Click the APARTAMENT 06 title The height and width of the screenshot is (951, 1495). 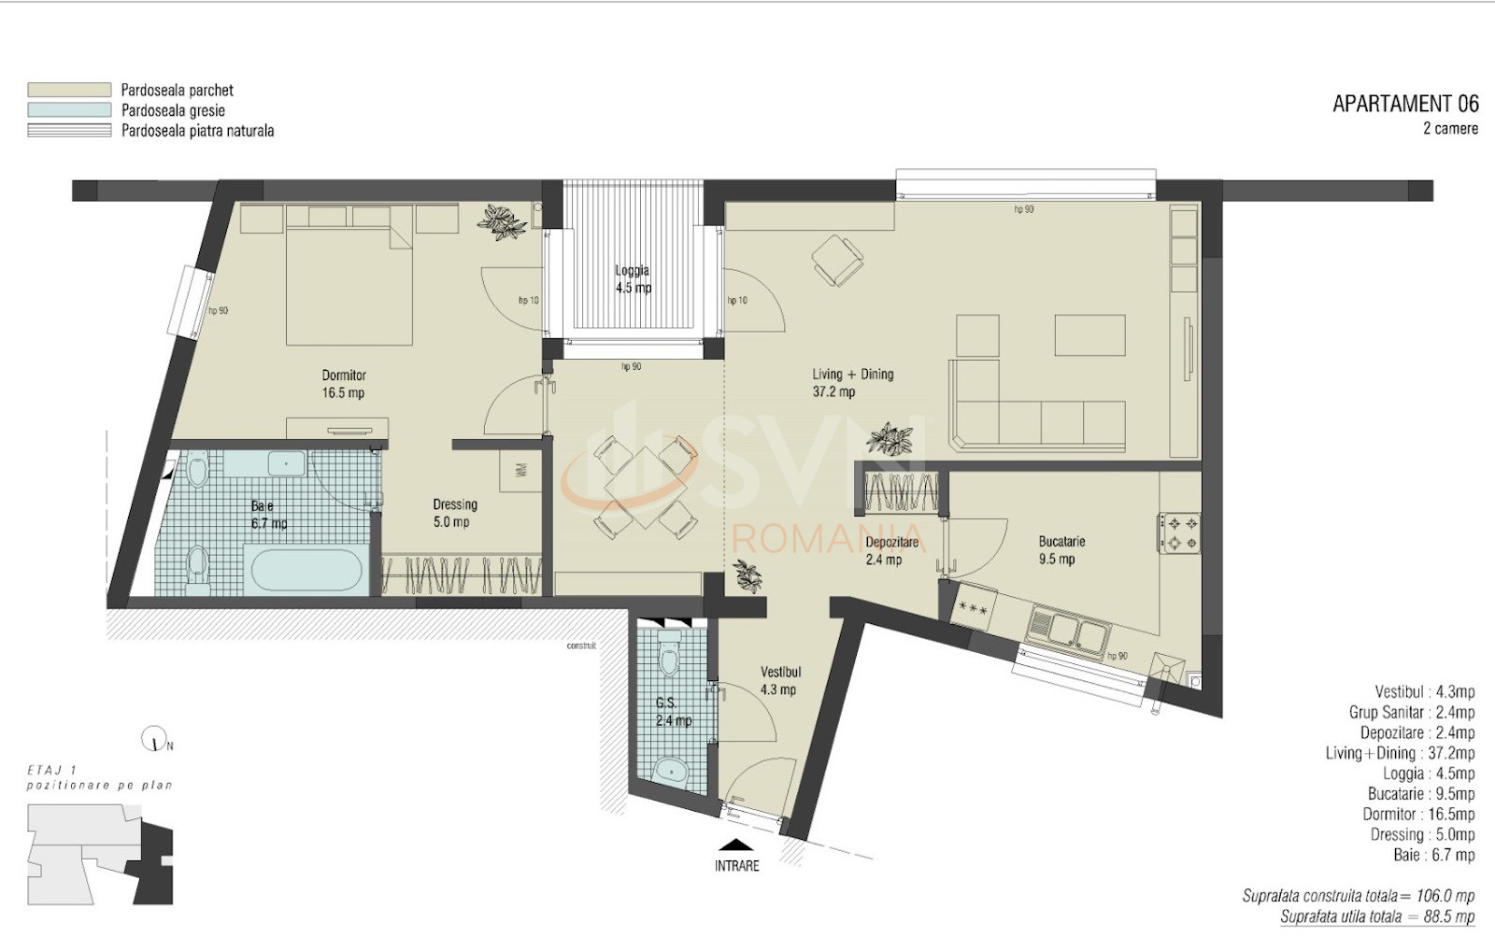(x=1404, y=104)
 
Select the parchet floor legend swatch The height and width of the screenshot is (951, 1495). (x=69, y=90)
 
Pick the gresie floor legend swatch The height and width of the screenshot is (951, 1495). (x=69, y=110)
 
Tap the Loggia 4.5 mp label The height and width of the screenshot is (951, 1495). (x=633, y=279)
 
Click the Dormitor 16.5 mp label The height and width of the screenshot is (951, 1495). (x=343, y=384)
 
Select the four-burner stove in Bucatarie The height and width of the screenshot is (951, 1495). (x=1179, y=532)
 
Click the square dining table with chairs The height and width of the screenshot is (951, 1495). (x=646, y=488)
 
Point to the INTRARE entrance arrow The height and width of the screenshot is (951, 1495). (x=737, y=844)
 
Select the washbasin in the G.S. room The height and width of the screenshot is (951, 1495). (x=670, y=771)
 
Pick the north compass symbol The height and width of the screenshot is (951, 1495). (x=154, y=740)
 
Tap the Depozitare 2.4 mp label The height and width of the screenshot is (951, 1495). (x=891, y=550)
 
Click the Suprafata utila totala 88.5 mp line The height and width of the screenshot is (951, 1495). (x=1376, y=916)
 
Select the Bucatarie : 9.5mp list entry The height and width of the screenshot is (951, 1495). (x=1420, y=793)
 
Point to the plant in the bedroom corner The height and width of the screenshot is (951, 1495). (x=502, y=222)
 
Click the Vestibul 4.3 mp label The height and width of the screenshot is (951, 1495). (x=780, y=680)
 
